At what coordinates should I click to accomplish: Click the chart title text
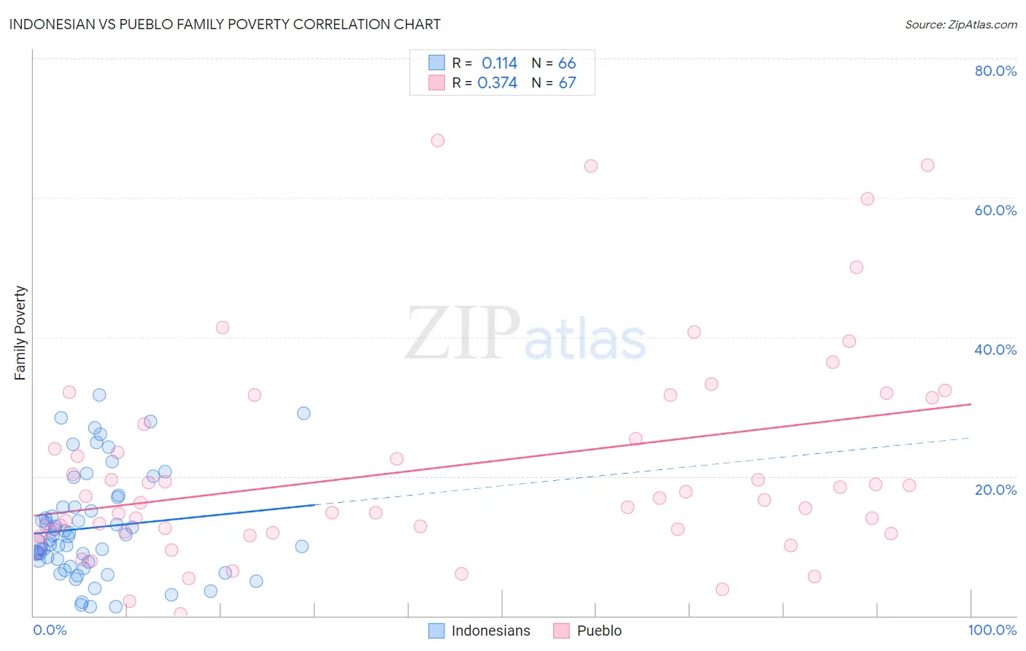click(225, 24)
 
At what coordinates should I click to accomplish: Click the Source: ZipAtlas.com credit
click(960, 24)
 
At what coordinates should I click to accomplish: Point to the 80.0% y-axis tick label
click(995, 71)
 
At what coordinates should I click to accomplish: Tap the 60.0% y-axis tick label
click(995, 210)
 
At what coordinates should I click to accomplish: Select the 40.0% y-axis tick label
click(995, 350)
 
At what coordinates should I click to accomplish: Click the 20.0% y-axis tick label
click(995, 489)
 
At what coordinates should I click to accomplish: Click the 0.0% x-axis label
click(50, 630)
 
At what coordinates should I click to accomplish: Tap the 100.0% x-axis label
click(992, 630)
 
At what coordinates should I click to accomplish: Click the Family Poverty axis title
click(20, 333)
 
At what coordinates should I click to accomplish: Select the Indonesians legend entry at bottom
click(479, 631)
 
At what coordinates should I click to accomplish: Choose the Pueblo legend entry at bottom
click(588, 631)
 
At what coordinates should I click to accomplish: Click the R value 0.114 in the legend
click(499, 63)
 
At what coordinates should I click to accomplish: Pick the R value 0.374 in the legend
click(497, 83)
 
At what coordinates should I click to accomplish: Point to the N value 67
click(567, 83)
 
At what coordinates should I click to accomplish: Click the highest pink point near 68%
click(438, 140)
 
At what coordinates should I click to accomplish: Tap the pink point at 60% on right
click(867, 199)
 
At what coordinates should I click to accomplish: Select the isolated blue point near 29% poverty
click(304, 413)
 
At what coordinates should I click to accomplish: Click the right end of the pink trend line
click(971, 404)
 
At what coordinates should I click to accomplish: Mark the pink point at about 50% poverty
click(857, 267)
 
